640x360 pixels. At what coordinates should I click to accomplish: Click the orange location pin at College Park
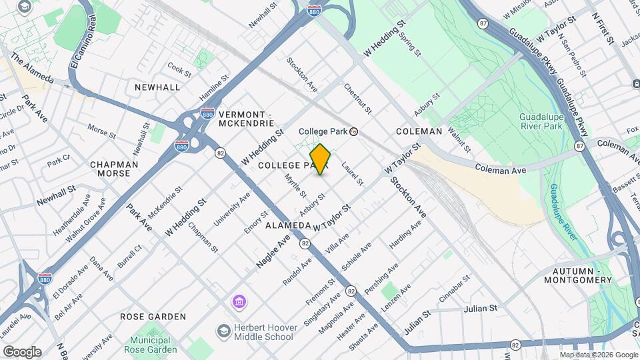(x=321, y=159)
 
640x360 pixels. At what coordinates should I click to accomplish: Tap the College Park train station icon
(x=354, y=131)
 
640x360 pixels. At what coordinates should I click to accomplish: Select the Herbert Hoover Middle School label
(x=263, y=332)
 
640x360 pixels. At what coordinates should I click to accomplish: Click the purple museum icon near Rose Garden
(x=239, y=303)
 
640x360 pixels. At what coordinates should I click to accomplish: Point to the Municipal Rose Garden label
(x=150, y=345)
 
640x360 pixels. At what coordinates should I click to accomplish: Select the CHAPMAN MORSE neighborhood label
(x=114, y=169)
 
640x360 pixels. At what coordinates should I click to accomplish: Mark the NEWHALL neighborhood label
(x=157, y=87)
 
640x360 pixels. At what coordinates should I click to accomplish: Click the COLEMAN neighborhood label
(x=419, y=131)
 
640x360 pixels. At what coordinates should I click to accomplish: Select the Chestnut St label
(x=358, y=98)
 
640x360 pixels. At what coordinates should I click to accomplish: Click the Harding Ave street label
(x=406, y=235)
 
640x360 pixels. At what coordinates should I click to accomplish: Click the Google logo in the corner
(x=21, y=351)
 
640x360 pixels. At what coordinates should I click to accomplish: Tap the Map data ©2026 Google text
(x=598, y=355)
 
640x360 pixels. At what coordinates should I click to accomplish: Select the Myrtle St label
(x=295, y=185)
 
